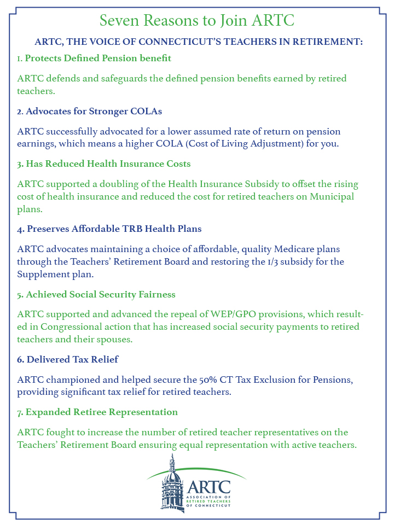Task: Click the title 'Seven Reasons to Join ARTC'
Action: click(197, 21)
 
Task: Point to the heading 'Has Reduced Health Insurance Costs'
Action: click(103, 164)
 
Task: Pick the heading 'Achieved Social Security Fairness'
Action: click(96, 294)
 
